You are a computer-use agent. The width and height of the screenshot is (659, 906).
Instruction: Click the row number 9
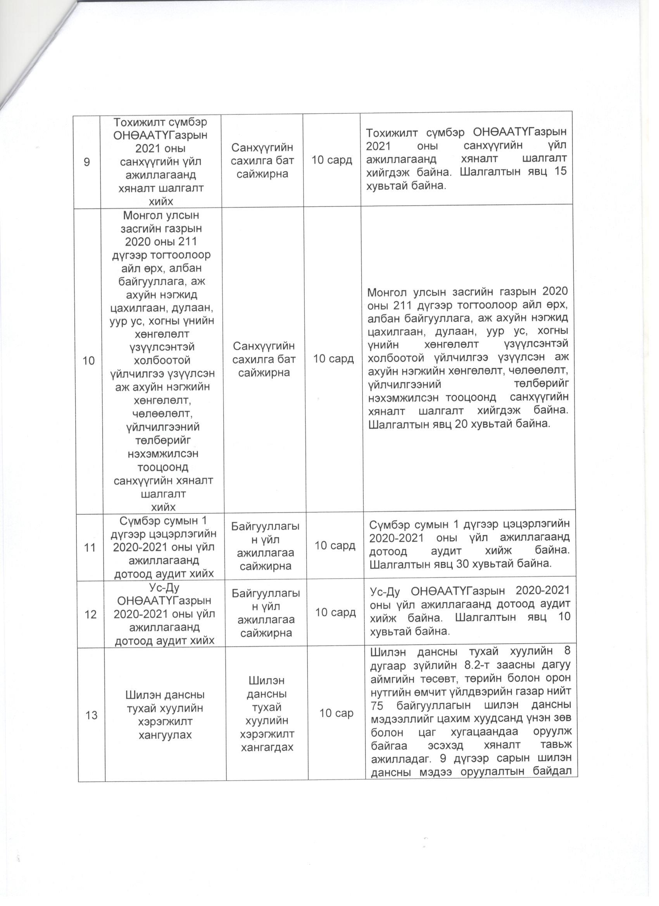pyautogui.click(x=86, y=162)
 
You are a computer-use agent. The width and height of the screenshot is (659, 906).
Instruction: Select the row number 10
pyautogui.click(x=88, y=361)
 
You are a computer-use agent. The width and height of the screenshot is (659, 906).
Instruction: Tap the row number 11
pyautogui.click(x=90, y=547)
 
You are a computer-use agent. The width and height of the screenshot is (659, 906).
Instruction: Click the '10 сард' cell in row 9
pyautogui.click(x=332, y=160)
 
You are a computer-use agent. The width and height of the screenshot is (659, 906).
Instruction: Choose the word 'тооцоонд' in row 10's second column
pyautogui.click(x=162, y=467)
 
